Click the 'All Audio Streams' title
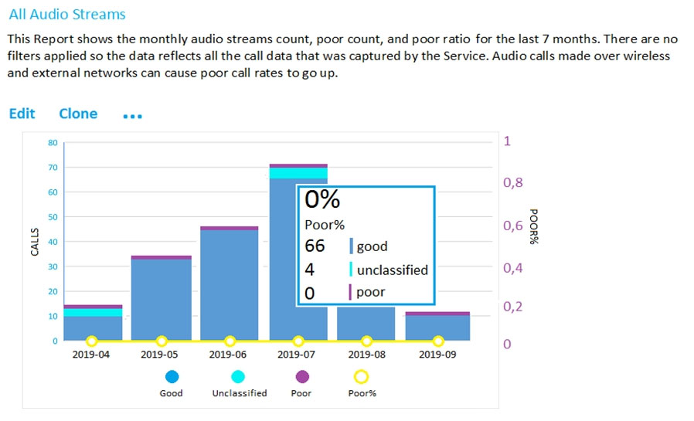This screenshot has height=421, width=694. coord(67,14)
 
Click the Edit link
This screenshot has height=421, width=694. coord(22,114)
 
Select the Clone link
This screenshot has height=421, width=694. coord(78,114)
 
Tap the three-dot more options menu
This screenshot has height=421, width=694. coord(132,116)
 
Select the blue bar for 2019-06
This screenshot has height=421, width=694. coord(230,285)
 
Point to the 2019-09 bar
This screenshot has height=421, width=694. coord(437,328)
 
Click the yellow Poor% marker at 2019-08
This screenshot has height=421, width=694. coord(367,341)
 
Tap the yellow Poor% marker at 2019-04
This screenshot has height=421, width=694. coord(92,341)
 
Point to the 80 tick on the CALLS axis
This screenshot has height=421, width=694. coord(53,143)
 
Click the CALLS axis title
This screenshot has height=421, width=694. coord(34,242)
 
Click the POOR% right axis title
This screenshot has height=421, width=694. coord(532,226)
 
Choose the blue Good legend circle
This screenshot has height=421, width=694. coord(172,376)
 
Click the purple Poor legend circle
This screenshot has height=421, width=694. coord(302,376)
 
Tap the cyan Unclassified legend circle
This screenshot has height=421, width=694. coord(239,376)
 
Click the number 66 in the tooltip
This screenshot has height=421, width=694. coord(315,246)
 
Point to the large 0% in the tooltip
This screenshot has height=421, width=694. coord(322,199)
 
